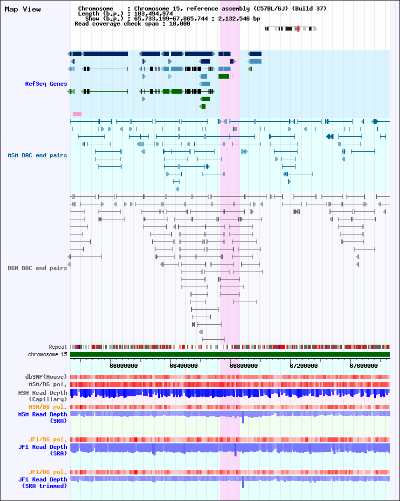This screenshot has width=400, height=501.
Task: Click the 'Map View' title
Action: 22,9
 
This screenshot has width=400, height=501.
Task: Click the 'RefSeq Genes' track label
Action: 46,84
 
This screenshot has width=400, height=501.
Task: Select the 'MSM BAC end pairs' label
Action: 37,155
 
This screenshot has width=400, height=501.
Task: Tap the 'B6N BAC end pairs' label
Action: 37,268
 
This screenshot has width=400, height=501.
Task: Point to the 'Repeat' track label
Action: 58,347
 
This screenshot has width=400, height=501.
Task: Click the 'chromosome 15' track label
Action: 47,354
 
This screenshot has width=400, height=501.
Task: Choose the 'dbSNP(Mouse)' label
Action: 46,377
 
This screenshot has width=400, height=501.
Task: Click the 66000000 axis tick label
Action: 124,366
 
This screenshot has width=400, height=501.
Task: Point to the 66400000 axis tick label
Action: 183,366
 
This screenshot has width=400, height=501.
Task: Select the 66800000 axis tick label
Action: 243,366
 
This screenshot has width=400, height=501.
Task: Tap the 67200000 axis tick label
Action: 303,366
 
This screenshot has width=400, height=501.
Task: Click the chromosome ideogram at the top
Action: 290,29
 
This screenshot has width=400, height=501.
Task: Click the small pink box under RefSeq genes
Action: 77,114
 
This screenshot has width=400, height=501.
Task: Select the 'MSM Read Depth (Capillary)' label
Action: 42,396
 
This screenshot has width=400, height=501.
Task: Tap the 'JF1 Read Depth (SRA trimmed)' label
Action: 42,482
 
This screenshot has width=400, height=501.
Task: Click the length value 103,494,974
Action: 153,14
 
